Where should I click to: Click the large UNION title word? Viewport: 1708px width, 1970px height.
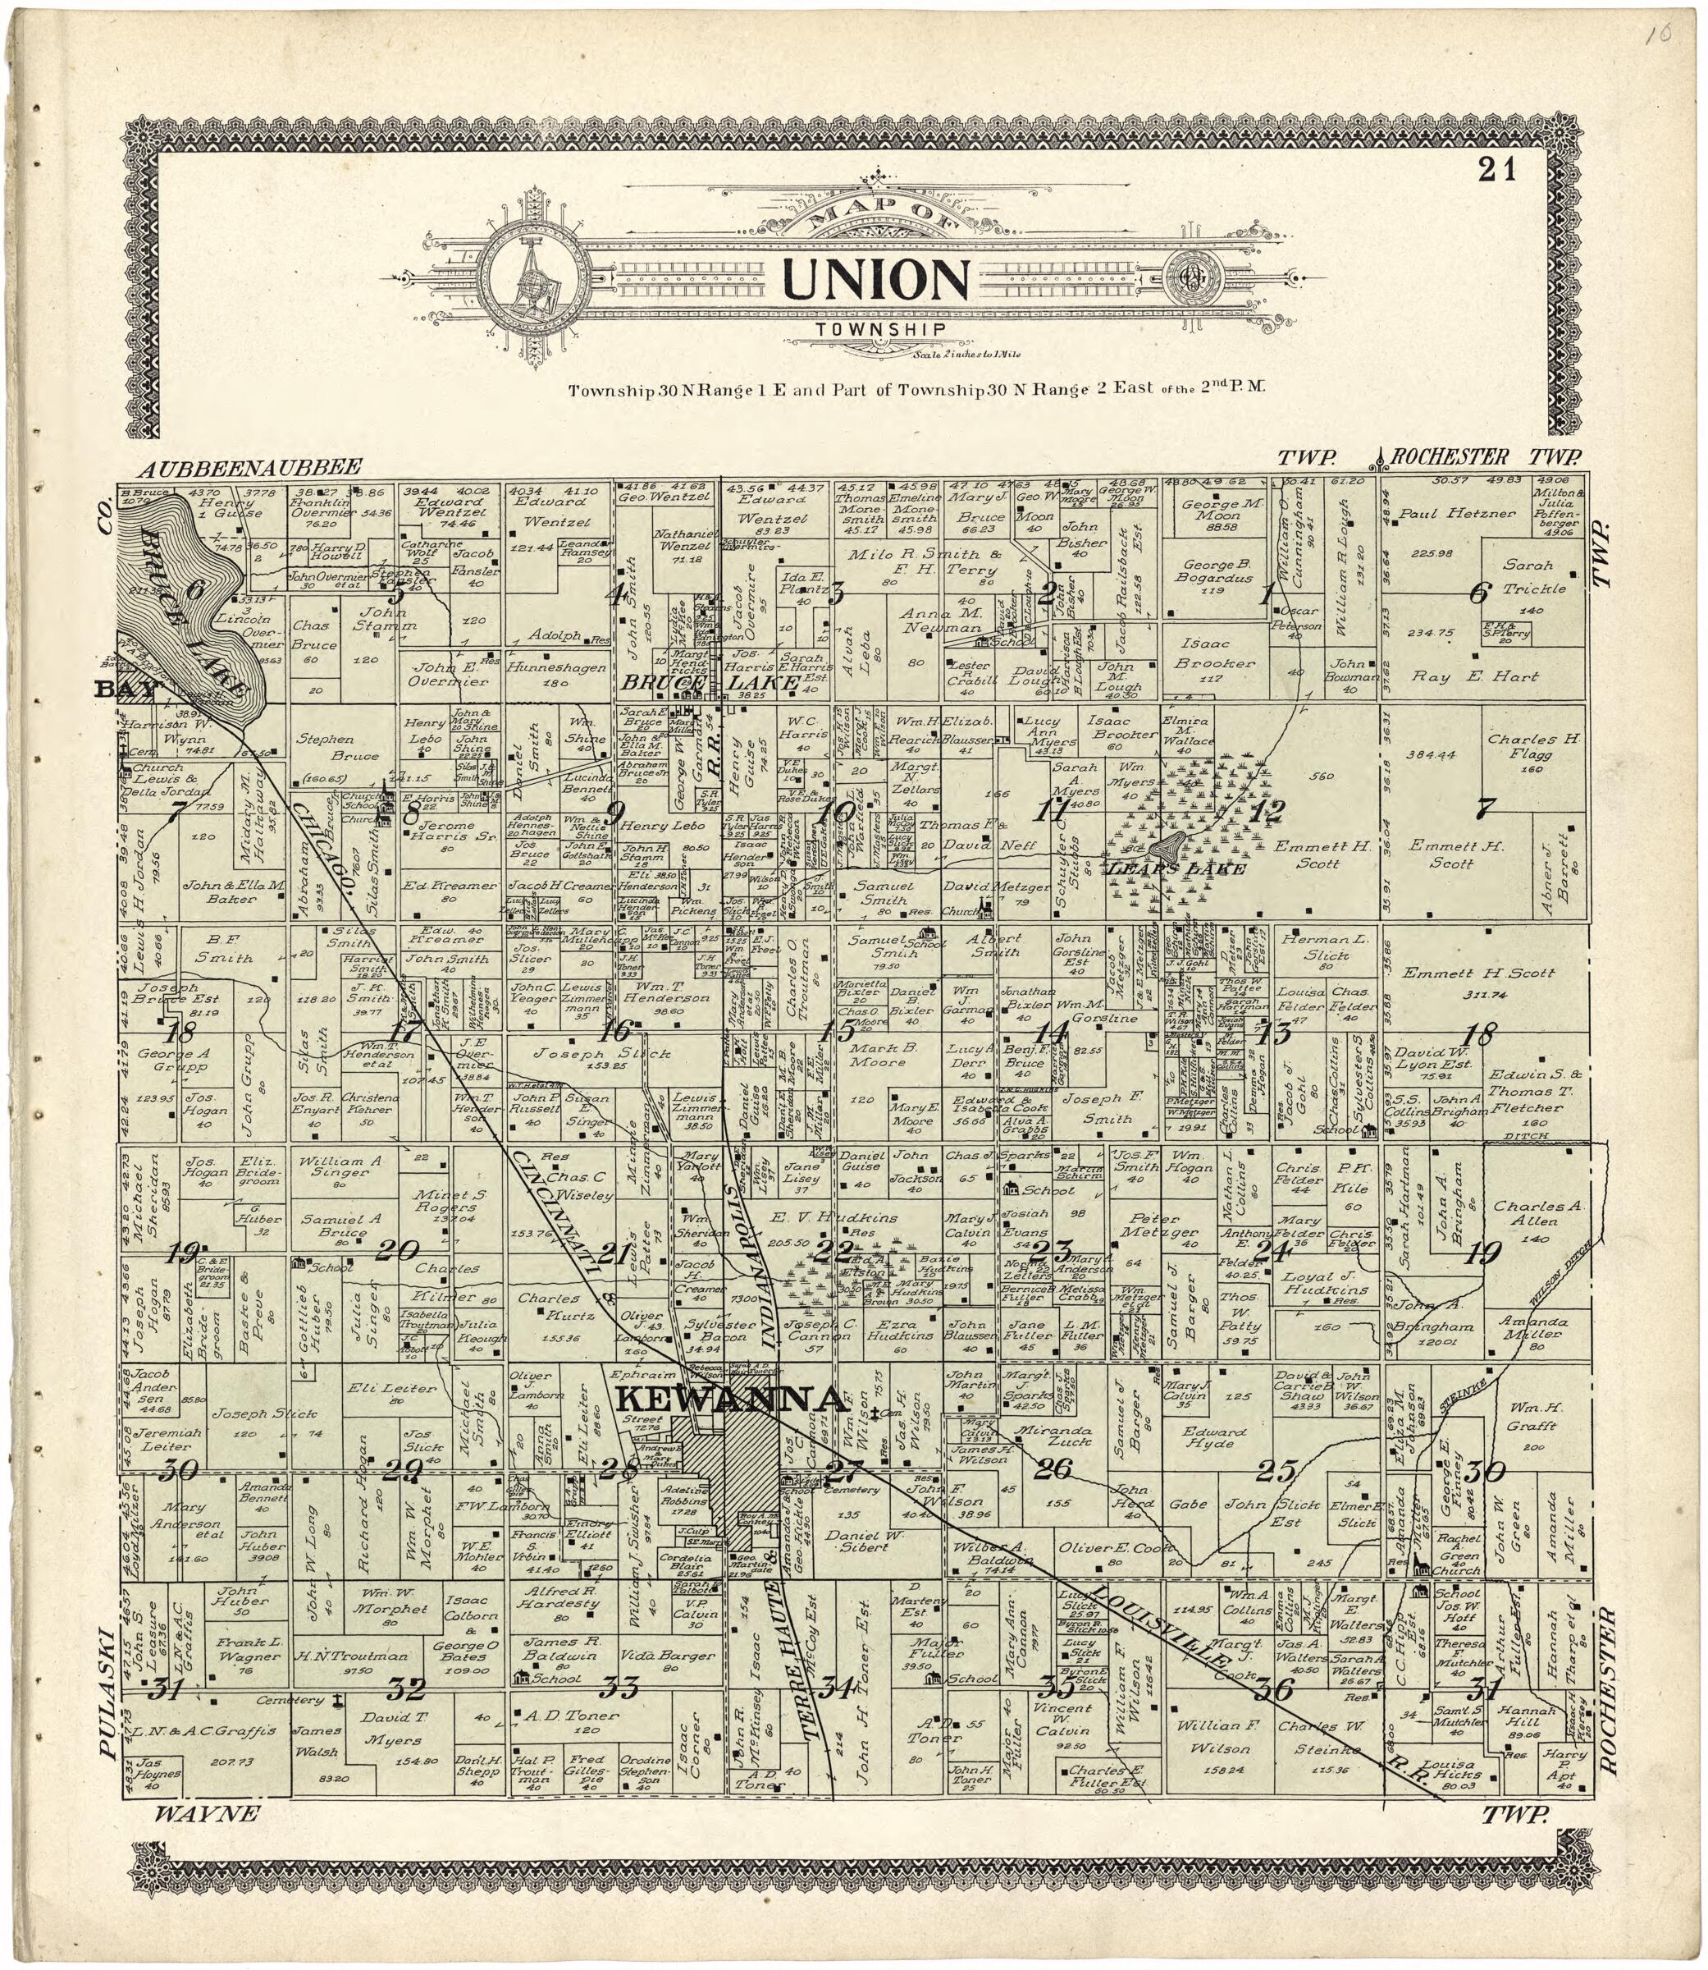click(876, 279)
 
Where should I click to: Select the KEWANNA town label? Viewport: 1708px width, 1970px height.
click(731, 1399)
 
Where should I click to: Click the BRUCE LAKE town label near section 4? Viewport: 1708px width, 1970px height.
click(710, 684)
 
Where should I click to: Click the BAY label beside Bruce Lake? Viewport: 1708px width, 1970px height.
click(122, 689)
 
